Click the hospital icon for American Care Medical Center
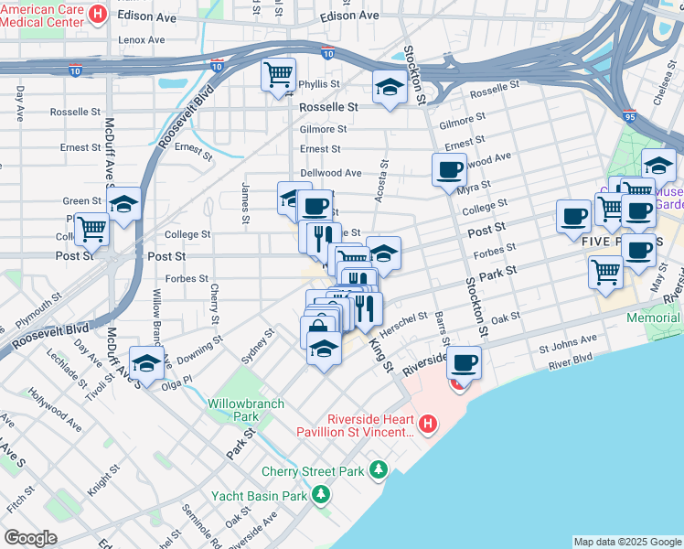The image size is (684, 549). pyautogui.click(x=99, y=16)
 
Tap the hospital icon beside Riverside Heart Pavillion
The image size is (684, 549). pyautogui.click(x=426, y=424)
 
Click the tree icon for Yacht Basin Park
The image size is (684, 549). pyautogui.click(x=320, y=495)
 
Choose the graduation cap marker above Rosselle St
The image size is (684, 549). pyautogui.click(x=390, y=88)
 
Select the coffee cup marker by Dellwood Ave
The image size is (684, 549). pyautogui.click(x=449, y=168)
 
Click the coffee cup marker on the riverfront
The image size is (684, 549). pyautogui.click(x=464, y=361)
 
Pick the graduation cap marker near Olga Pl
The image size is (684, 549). pyautogui.click(x=146, y=361)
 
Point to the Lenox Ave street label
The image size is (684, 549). pyautogui.click(x=142, y=39)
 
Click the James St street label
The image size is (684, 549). pyautogui.click(x=246, y=202)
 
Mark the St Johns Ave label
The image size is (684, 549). pyautogui.click(x=567, y=347)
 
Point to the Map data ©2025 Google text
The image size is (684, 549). pyautogui.click(x=626, y=542)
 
